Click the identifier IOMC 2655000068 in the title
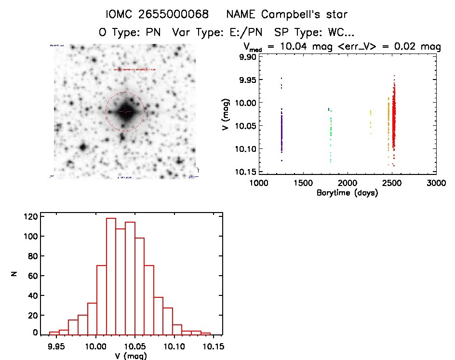[157, 14]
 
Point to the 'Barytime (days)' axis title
[347, 193]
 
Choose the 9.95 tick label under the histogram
[57, 346]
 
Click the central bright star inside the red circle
[125, 111]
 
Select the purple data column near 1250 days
[281, 130]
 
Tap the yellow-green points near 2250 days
[371, 120]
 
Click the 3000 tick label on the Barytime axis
[436, 183]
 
